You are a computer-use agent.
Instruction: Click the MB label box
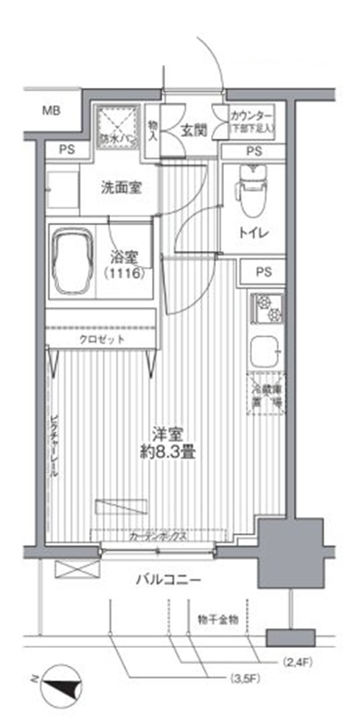[x=50, y=111]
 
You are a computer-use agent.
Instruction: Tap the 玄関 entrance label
[x=194, y=130]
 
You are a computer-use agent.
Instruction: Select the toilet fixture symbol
[x=251, y=190]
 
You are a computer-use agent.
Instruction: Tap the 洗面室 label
[x=120, y=189]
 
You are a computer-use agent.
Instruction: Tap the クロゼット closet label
[x=102, y=338]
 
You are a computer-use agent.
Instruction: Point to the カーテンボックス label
[x=158, y=536]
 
